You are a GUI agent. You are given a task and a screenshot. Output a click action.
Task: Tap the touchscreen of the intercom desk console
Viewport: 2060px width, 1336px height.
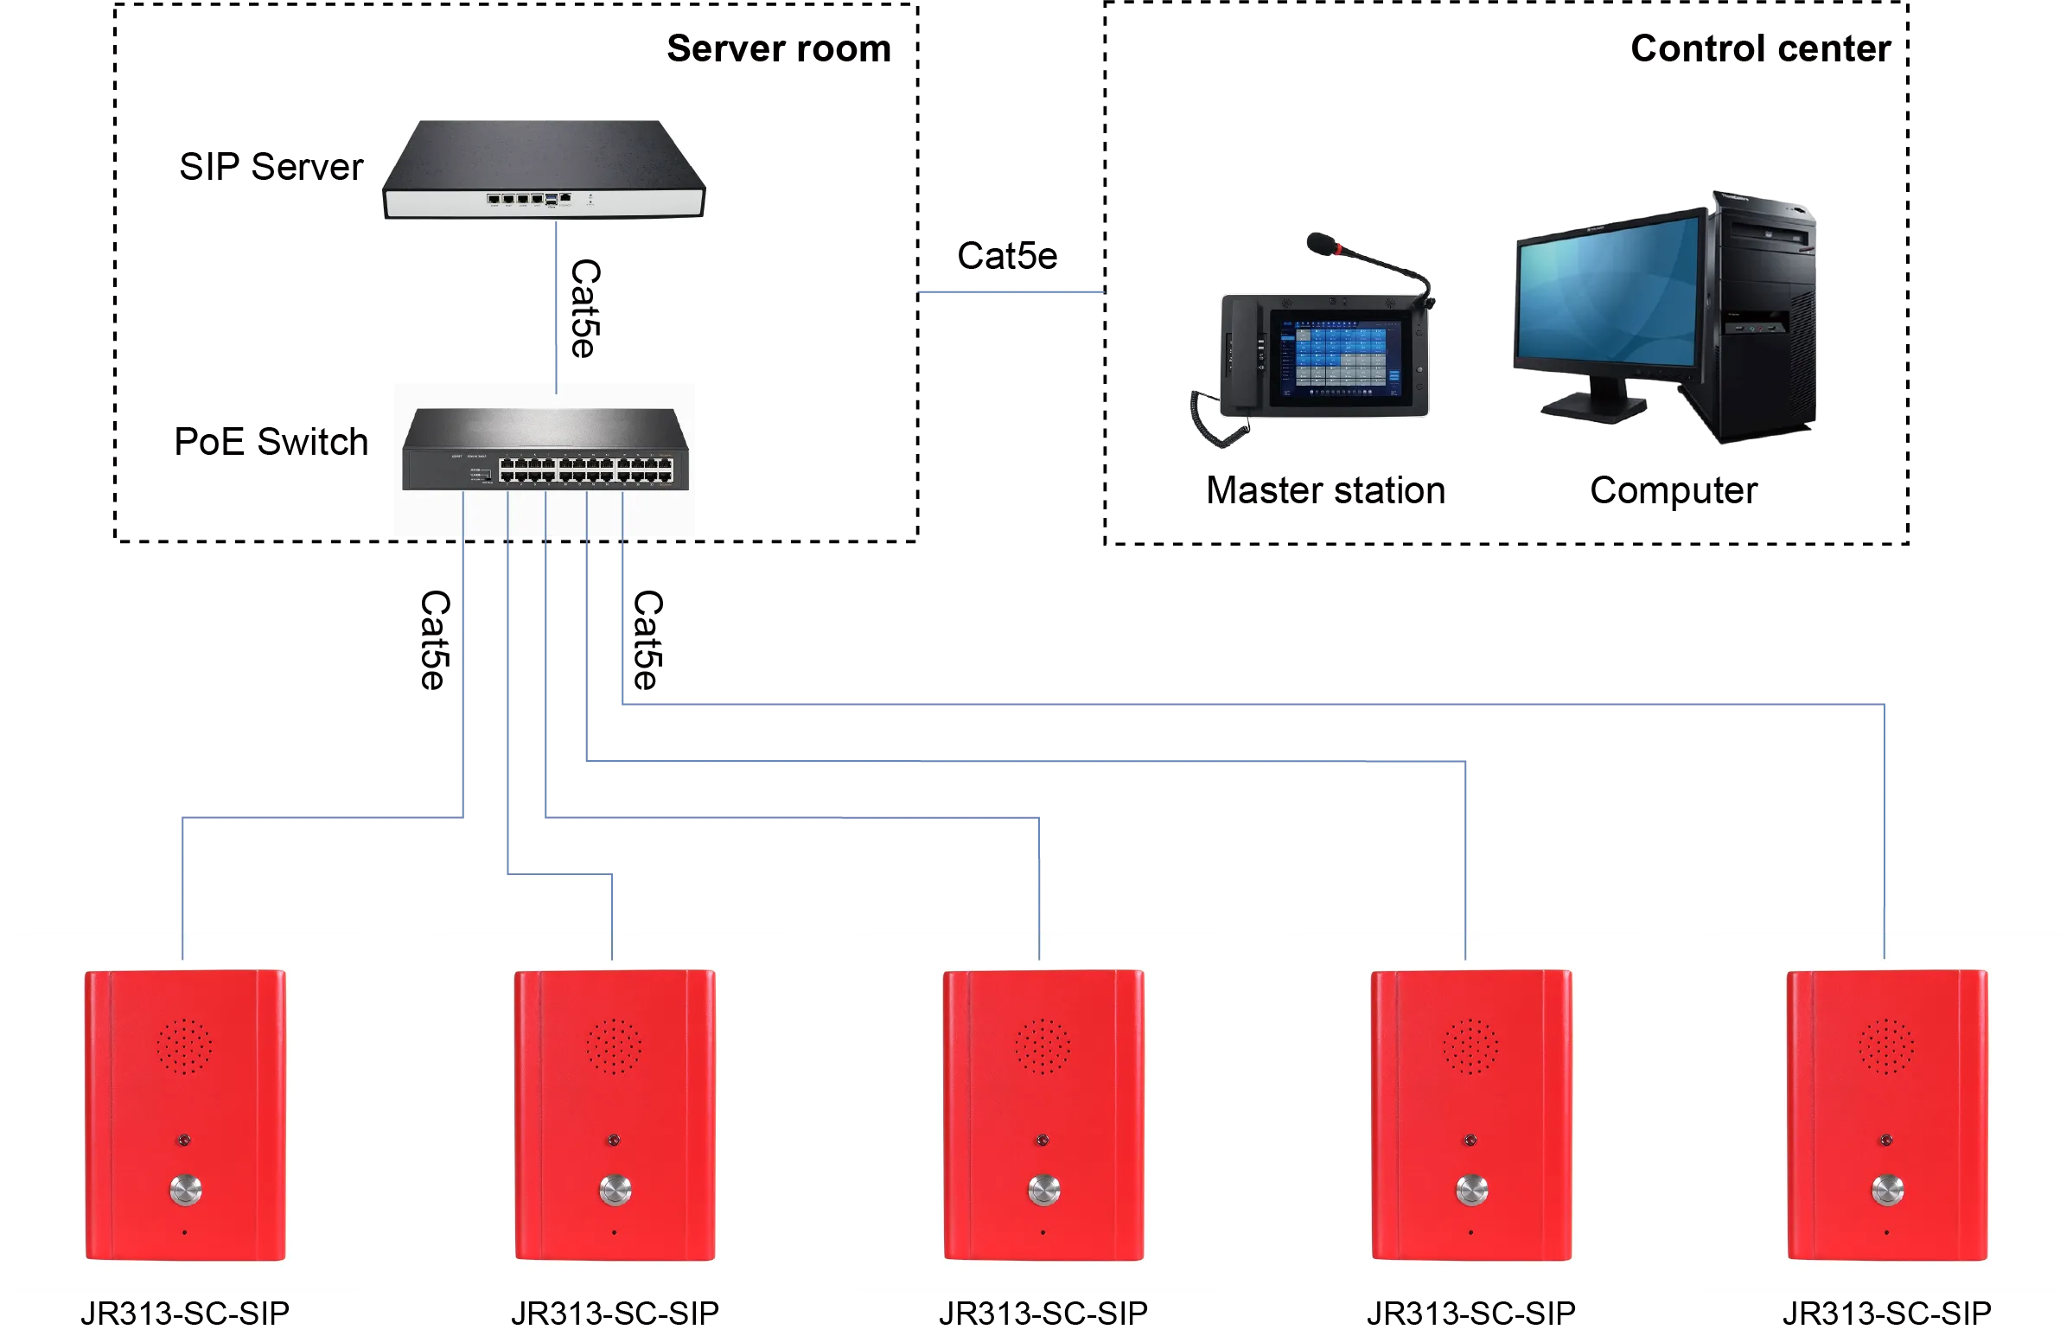(x=1340, y=358)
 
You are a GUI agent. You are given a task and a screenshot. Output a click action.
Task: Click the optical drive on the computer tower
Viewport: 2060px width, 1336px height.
(x=1766, y=237)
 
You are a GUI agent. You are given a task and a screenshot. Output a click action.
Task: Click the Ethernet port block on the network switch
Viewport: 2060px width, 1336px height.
(x=585, y=470)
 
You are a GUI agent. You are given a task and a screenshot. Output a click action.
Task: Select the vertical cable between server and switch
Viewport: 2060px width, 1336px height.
(x=557, y=303)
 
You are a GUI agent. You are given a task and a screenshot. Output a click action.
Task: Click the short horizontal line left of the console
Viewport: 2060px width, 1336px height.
(x=1010, y=294)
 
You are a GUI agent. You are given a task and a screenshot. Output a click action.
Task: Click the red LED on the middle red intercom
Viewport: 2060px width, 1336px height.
(x=1043, y=1141)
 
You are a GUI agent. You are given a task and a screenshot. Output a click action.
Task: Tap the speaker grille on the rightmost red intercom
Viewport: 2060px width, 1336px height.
(x=1886, y=1046)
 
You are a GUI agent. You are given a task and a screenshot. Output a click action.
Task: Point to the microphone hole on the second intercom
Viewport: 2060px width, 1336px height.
(x=615, y=1232)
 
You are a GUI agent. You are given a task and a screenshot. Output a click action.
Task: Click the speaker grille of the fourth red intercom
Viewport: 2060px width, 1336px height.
(x=1470, y=1046)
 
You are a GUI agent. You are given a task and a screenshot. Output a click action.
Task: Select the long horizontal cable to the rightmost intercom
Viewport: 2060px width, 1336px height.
(x=1255, y=701)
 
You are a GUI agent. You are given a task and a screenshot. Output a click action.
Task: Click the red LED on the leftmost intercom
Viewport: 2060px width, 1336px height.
(x=185, y=1141)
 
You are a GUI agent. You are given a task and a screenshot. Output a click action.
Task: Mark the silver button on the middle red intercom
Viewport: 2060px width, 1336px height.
(x=1044, y=1190)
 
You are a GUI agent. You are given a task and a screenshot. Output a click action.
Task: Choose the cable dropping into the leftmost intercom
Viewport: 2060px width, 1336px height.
(x=182, y=883)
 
